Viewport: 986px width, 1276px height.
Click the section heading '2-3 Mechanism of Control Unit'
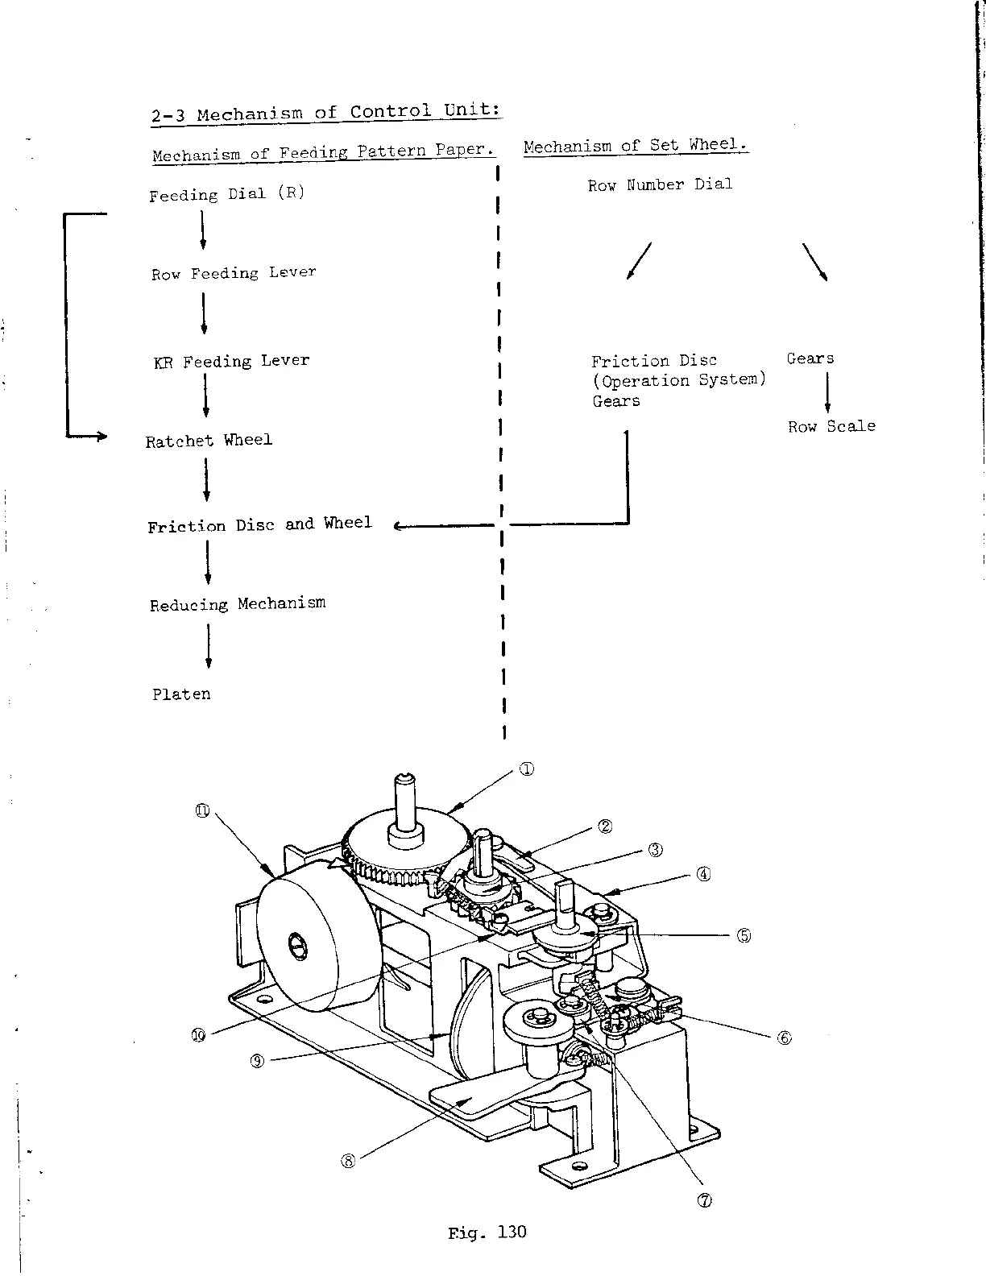point(326,112)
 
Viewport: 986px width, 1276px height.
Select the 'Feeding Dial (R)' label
point(227,194)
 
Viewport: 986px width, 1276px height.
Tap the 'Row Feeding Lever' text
point(234,273)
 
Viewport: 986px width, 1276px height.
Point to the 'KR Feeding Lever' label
point(231,361)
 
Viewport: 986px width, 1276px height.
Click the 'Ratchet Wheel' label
point(209,440)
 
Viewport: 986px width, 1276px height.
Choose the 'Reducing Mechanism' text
point(238,603)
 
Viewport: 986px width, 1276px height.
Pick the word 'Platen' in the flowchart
point(181,694)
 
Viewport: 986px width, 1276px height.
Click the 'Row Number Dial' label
point(660,184)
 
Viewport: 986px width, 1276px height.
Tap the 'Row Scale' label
point(831,426)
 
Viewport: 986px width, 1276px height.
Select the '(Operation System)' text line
point(678,380)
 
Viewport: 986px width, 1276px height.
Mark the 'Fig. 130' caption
point(487,1232)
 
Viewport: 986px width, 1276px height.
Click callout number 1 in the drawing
point(525,768)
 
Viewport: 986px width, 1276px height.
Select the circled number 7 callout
point(703,1200)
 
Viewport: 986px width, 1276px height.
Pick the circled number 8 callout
point(348,1161)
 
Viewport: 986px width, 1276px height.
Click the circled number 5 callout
point(744,935)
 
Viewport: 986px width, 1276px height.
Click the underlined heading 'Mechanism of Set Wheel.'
point(636,146)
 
